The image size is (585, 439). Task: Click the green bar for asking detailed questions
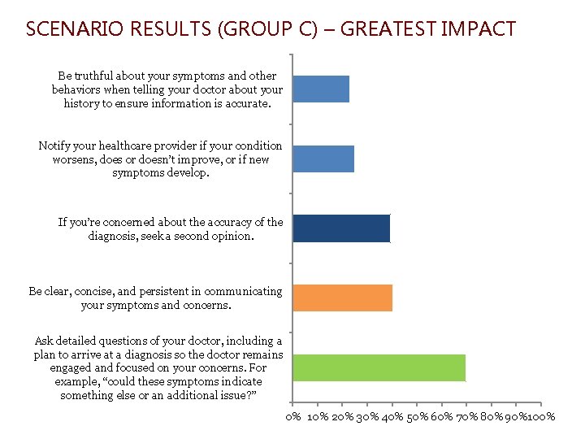(x=378, y=367)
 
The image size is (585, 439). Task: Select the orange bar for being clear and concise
(x=342, y=298)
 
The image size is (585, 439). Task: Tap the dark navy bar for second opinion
(x=340, y=228)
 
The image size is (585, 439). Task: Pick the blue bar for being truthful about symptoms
(x=320, y=89)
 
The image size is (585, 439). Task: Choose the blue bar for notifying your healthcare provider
(x=323, y=159)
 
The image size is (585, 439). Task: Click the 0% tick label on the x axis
(x=292, y=417)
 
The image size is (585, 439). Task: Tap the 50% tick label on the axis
(x=417, y=417)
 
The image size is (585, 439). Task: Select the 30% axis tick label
(x=366, y=417)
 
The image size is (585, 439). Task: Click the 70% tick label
(x=466, y=417)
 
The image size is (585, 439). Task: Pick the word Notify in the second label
(x=54, y=146)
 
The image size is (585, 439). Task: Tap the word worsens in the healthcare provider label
(x=66, y=159)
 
